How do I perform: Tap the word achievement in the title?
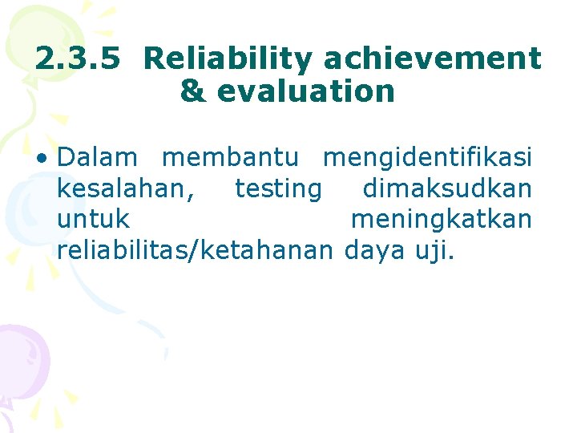(x=433, y=59)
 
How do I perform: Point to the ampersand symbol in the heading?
(x=192, y=91)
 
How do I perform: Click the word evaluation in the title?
(x=306, y=91)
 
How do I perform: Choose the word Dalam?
(x=97, y=157)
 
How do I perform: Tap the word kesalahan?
(x=126, y=188)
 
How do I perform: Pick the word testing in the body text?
(x=278, y=188)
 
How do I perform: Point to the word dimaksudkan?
(x=447, y=188)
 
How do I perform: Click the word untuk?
(x=94, y=219)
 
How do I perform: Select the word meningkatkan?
(x=441, y=219)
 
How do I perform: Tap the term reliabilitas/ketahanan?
(x=194, y=250)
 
